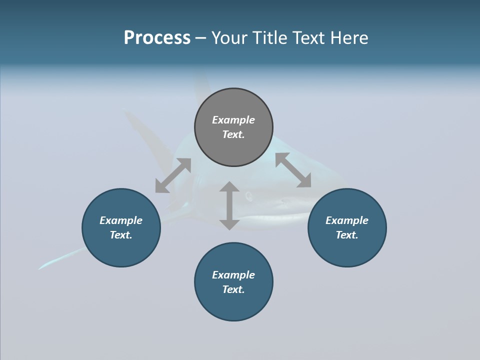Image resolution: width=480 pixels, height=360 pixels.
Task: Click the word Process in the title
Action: click(157, 37)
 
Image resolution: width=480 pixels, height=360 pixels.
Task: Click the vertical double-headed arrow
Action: click(229, 205)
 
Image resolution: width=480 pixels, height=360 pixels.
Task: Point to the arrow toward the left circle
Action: click(173, 175)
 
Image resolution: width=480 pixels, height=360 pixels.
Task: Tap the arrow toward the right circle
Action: click(293, 170)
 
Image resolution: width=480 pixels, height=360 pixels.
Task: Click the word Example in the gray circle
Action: click(233, 120)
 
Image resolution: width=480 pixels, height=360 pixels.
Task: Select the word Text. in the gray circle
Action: click(233, 134)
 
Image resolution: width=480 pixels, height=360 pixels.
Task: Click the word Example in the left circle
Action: click(121, 220)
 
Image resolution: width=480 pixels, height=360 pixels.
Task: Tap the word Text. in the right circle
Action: click(347, 235)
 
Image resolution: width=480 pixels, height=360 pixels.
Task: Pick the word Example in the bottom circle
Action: click(233, 275)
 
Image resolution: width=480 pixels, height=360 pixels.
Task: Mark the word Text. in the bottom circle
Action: click(233, 289)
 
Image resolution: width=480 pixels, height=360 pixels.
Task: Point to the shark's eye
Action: click(248, 195)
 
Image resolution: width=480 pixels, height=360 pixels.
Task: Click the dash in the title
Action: click(201, 38)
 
